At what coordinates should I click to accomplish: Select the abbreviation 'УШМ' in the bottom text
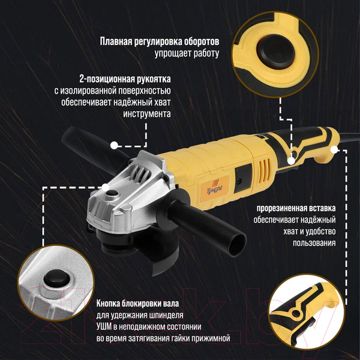[x=106, y=326]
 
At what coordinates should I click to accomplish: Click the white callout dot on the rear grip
[x=292, y=159]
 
